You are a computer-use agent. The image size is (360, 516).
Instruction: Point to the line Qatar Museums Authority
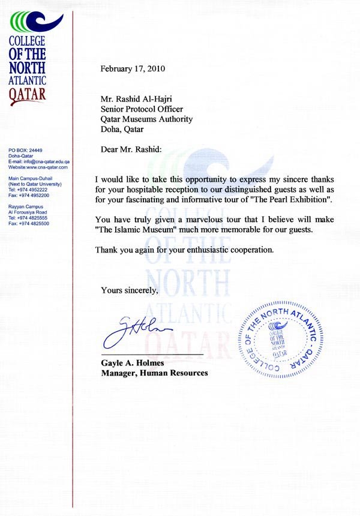(146, 119)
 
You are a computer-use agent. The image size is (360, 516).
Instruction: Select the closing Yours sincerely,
(130, 290)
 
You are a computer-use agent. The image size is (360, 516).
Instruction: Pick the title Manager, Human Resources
(154, 373)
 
